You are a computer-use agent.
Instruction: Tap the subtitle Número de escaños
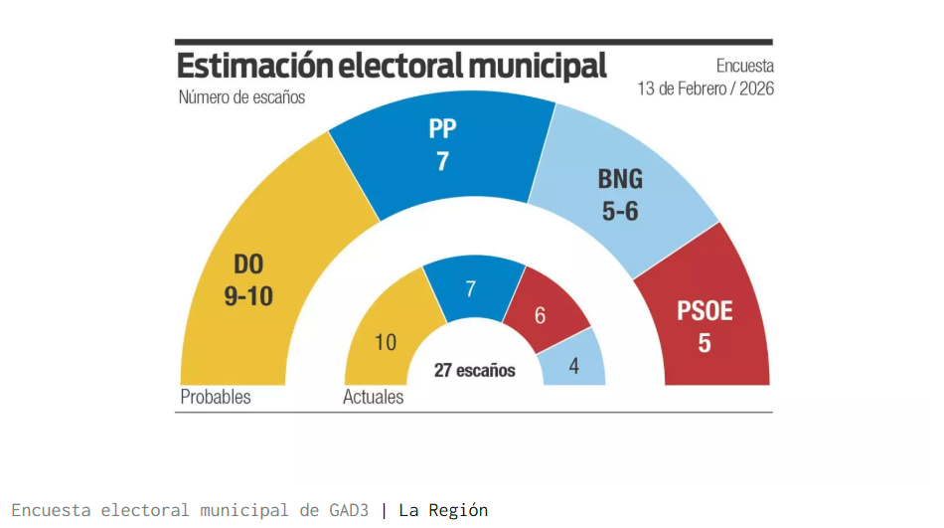coord(241,97)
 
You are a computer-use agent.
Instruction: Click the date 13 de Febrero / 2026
coord(706,88)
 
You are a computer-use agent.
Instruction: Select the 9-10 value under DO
coord(247,296)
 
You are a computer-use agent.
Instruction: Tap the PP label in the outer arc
coord(442,129)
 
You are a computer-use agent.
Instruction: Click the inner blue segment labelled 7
coord(471,289)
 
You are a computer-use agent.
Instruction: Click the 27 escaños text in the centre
coord(475,370)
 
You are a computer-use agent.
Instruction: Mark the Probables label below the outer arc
coord(216,397)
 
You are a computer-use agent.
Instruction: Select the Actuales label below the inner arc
coord(374,397)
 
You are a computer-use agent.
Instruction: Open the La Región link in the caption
coord(443,510)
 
